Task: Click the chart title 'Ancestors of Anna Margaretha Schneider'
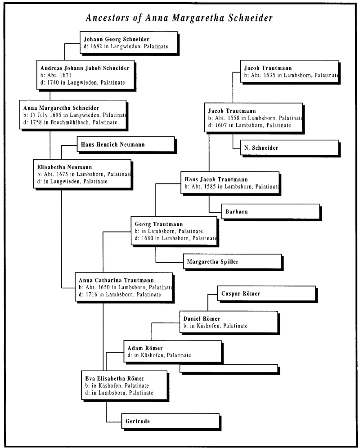click(x=180, y=18)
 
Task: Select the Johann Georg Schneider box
click(x=128, y=42)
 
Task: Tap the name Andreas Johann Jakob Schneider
click(x=81, y=68)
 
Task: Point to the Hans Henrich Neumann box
click(x=125, y=144)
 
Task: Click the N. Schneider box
click(x=285, y=148)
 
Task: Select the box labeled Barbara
click(x=270, y=211)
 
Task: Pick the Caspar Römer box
click(x=265, y=294)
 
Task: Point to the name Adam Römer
click(x=145, y=348)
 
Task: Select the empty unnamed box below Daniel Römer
click(x=229, y=368)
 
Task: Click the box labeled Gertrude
click(x=170, y=421)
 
